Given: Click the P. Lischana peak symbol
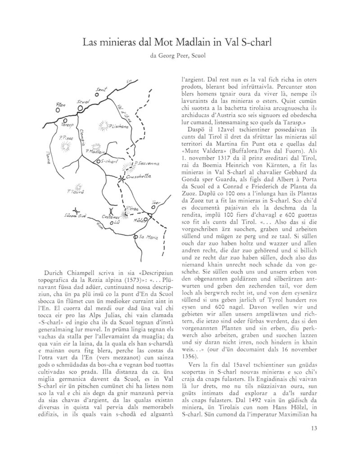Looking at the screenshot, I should (x=104, y=127).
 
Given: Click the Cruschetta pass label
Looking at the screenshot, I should (x=138, y=177).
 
